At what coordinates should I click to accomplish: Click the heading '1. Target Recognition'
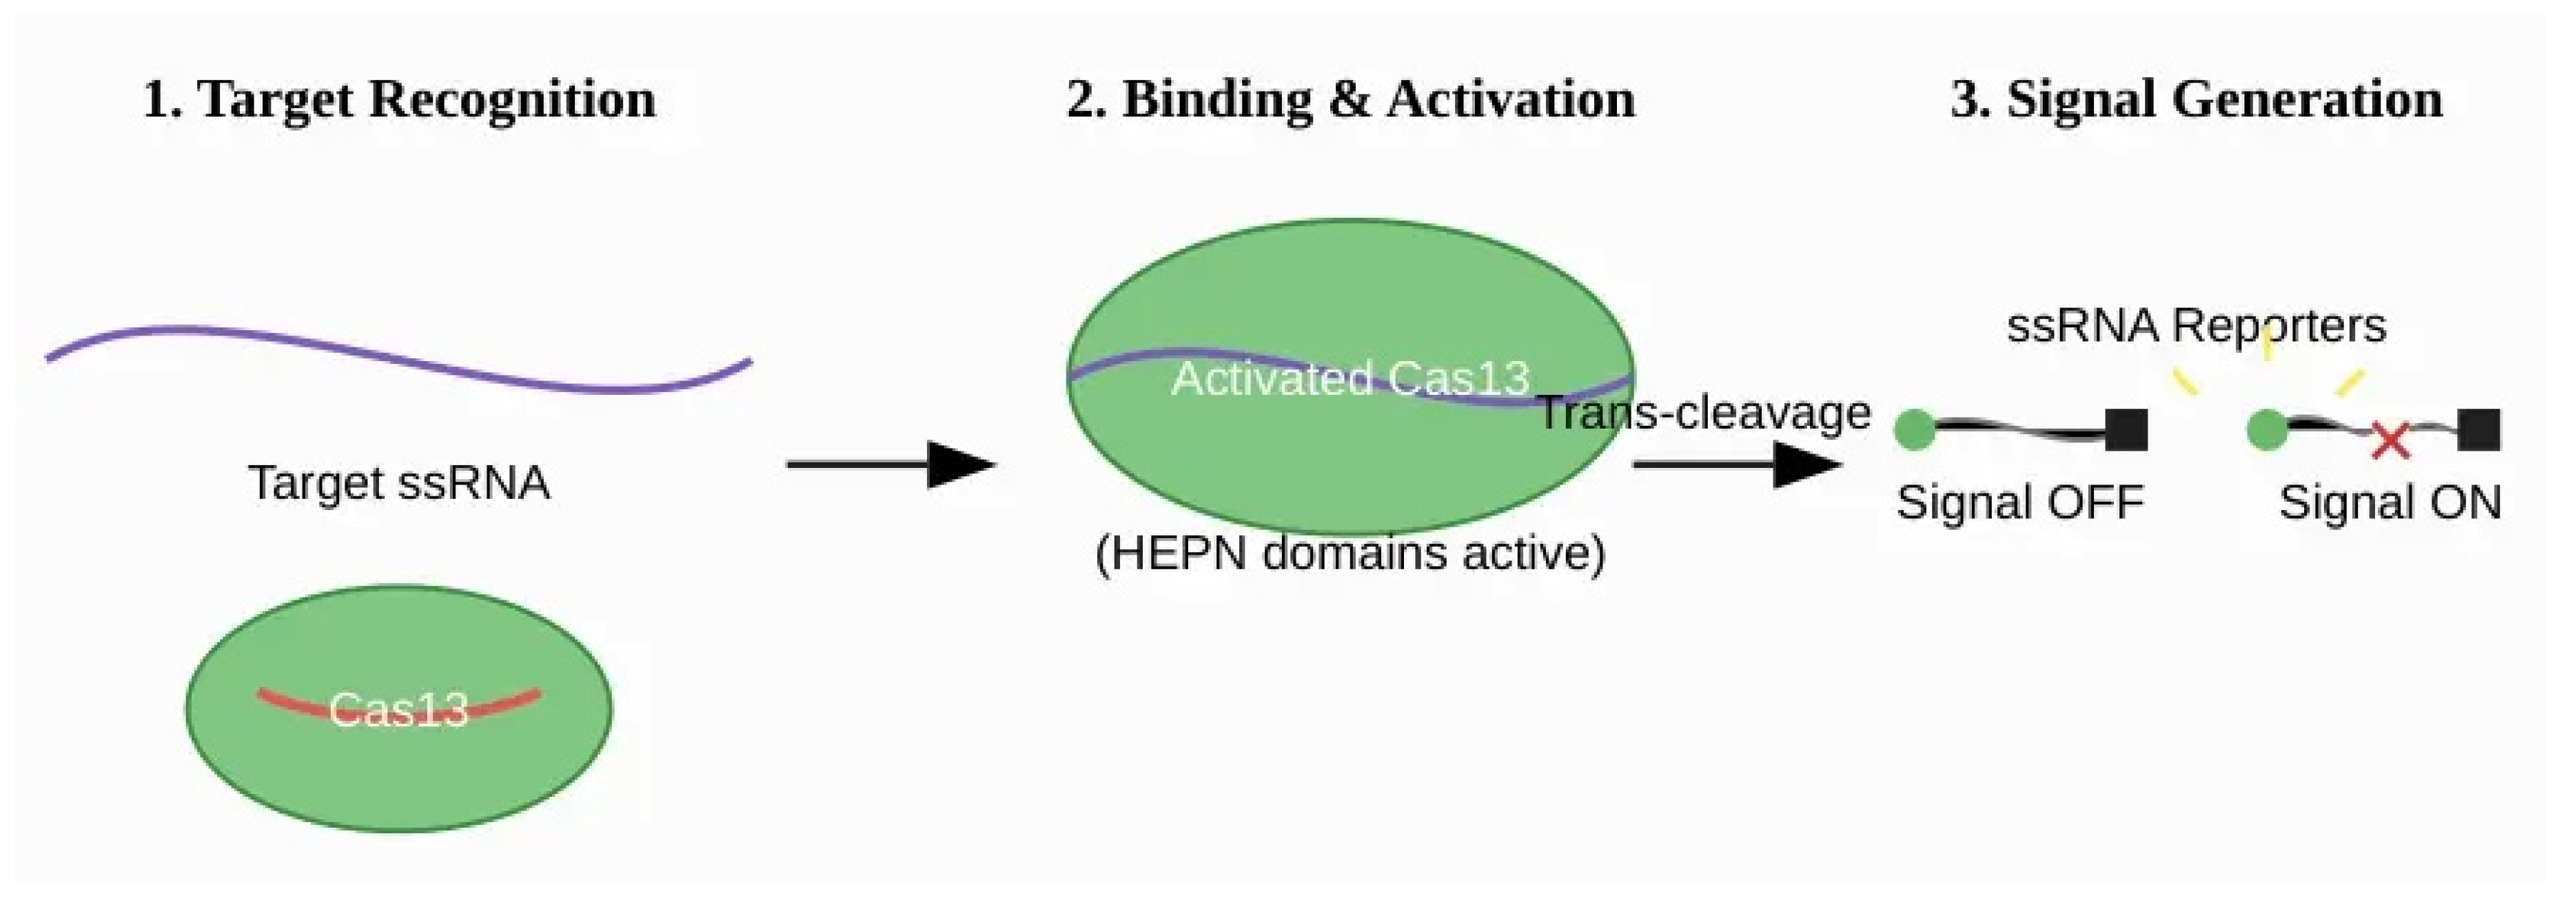(x=398, y=99)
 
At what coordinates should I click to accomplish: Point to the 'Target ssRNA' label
(x=398, y=483)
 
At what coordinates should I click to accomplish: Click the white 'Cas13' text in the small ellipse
(x=398, y=710)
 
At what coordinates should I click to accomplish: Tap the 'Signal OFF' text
(x=2019, y=502)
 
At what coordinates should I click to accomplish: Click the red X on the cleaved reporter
(x=2389, y=440)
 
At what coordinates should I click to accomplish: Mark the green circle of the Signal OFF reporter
(x=1913, y=430)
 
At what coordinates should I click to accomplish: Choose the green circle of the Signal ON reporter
(x=2267, y=430)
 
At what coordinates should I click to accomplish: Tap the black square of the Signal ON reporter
(x=2478, y=430)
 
